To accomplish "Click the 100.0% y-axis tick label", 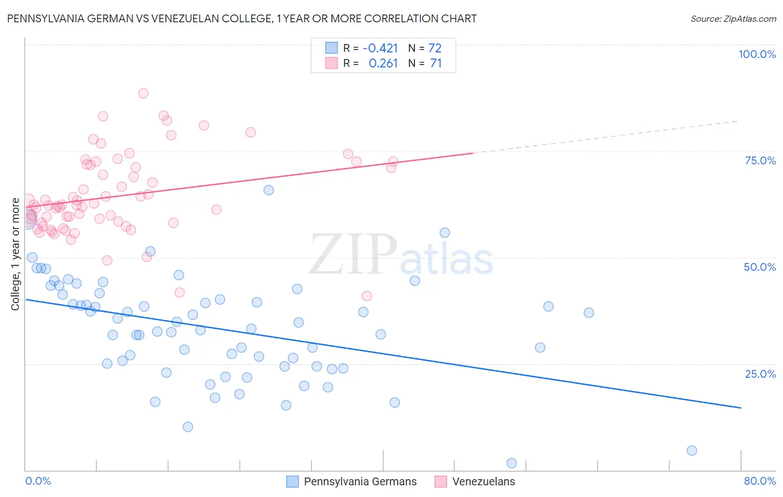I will [757, 54].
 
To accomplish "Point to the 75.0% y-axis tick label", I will [760, 160].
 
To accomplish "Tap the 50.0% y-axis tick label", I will [760, 267].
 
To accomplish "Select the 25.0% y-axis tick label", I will [760, 374].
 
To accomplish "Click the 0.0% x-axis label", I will [38, 481].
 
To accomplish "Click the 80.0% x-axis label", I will [760, 481].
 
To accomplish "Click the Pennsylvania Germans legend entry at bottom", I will [360, 481].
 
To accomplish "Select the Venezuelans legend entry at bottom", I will [483, 481].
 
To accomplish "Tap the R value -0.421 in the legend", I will [380, 48].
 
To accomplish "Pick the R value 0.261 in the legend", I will [383, 64].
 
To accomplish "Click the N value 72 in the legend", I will [435, 48].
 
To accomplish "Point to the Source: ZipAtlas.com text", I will [733, 18].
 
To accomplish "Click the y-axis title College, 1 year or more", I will [16, 254].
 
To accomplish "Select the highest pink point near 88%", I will [143, 93].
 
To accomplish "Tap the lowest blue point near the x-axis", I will [511, 463].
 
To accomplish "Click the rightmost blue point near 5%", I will [692, 450].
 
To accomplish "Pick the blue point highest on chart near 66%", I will [268, 190].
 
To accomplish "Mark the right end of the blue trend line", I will [741, 408].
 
